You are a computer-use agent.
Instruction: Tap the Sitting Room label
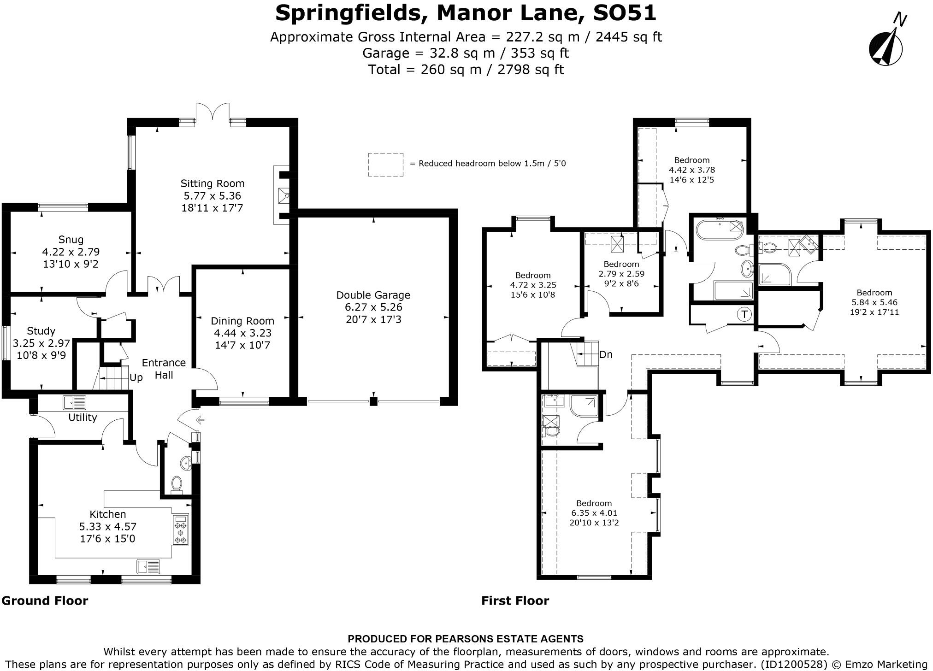coord(212,183)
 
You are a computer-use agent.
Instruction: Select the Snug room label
coord(71,240)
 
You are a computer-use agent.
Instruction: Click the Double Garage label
coord(373,295)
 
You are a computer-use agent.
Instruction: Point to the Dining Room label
coord(242,321)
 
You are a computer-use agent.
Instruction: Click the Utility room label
coord(83,418)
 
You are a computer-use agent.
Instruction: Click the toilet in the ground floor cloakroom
coord(176,484)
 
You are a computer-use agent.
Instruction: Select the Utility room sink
coord(75,403)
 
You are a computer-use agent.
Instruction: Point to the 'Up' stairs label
coord(136,378)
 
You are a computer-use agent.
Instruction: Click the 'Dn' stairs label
coord(606,354)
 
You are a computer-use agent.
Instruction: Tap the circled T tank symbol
coord(744,315)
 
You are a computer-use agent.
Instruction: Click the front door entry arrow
coord(200,420)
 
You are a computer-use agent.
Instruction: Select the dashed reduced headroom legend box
coord(385,165)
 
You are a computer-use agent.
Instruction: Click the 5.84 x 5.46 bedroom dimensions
coord(874,302)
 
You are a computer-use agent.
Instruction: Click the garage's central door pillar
coord(373,401)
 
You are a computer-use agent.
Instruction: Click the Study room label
coord(41,331)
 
